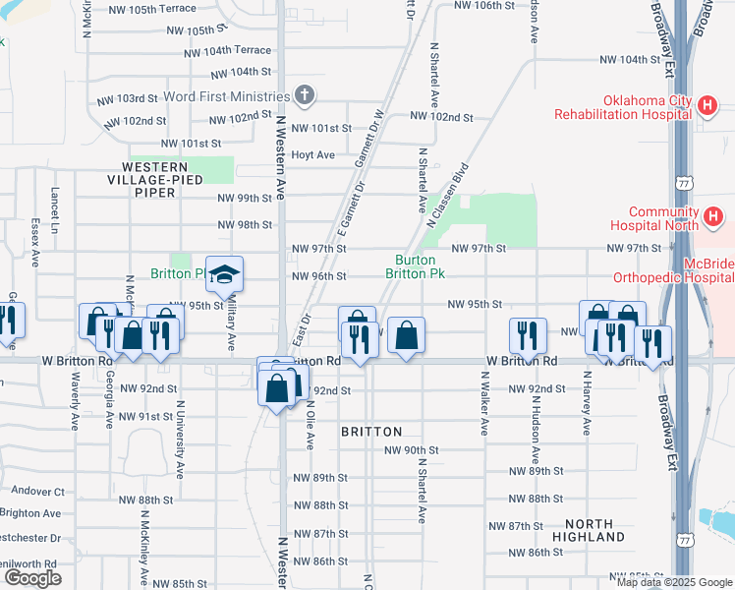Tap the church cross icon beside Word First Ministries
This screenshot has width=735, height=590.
tap(306, 95)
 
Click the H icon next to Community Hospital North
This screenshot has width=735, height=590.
tap(713, 215)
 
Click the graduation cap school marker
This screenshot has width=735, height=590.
tap(224, 274)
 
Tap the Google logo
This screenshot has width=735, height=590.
tap(32, 577)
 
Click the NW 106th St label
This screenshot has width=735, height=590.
tap(485, 5)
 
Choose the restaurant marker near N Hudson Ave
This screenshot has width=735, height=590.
tap(528, 336)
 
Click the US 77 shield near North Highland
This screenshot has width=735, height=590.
tap(684, 540)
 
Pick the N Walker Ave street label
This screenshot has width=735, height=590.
tap(484, 403)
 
